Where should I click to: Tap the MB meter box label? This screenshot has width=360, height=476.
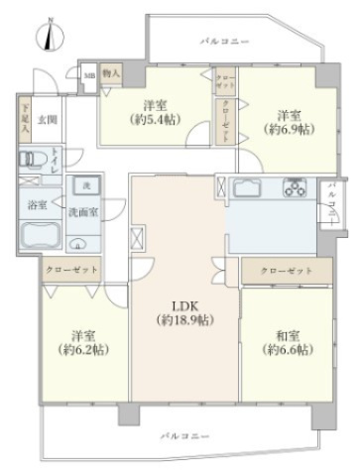[x=89, y=74]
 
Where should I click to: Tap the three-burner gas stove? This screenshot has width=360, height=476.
[x=295, y=185]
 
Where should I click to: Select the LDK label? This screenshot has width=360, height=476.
[x=185, y=304]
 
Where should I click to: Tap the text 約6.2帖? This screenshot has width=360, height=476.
[x=84, y=350]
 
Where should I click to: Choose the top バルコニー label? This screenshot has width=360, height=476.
[x=224, y=41]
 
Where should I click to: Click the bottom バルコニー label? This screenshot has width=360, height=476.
[x=183, y=434]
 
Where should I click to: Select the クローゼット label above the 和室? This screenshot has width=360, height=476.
[x=286, y=271]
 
